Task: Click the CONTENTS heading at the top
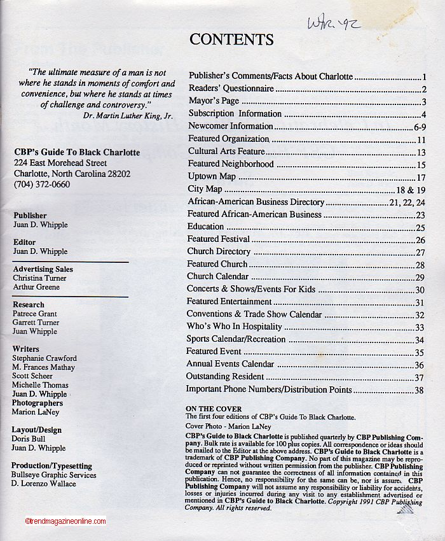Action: (231, 39)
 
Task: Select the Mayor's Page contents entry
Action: (214, 101)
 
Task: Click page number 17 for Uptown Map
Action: (421, 177)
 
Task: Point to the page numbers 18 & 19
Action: (410, 190)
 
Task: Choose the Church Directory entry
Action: (219, 251)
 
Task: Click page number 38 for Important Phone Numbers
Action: (419, 390)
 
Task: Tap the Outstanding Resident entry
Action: (224, 377)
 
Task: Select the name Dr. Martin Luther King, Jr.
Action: (128, 116)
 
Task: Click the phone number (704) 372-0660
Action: (42, 185)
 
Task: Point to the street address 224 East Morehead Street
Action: (60, 163)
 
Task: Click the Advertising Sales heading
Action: (43, 269)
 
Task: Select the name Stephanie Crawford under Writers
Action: (44, 358)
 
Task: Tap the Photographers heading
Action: (38, 403)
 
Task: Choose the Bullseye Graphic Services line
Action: (54, 475)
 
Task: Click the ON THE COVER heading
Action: (213, 409)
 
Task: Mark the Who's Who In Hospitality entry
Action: (234, 327)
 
